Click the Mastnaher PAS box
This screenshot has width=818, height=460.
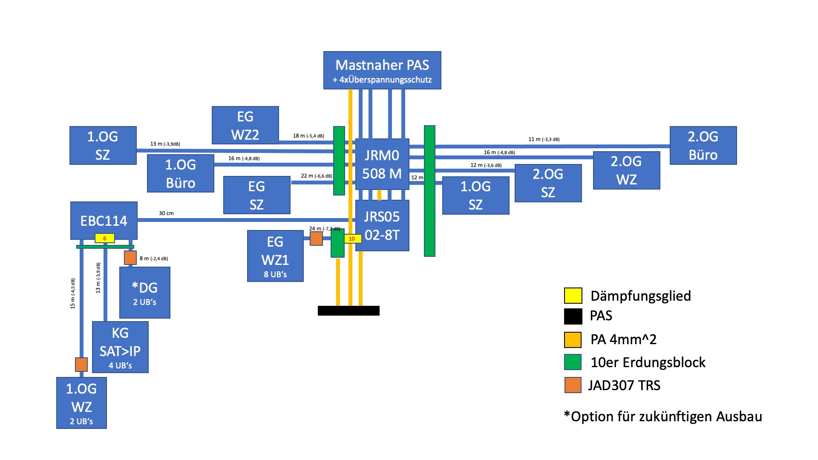pyautogui.click(x=382, y=70)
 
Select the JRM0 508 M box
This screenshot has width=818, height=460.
pyautogui.click(x=382, y=164)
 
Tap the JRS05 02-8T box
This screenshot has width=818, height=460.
pyautogui.click(x=382, y=225)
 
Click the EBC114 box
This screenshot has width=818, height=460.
pyautogui.click(x=104, y=220)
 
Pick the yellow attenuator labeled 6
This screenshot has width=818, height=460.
pyautogui.click(x=105, y=239)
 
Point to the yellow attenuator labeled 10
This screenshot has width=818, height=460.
pyautogui.click(x=352, y=239)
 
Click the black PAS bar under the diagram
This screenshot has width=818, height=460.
pyautogui.click(x=349, y=310)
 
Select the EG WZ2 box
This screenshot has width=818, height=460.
pyautogui.click(x=245, y=125)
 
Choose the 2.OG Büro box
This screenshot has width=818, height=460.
pyautogui.click(x=703, y=145)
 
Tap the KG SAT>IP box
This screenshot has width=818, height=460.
pyautogui.click(x=120, y=347)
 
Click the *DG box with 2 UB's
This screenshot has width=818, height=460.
pyautogui.click(x=145, y=293)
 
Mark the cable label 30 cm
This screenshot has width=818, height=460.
pyautogui.click(x=166, y=213)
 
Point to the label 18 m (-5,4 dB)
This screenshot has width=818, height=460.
pyautogui.click(x=308, y=136)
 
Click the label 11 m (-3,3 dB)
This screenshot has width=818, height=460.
pyautogui.click(x=544, y=139)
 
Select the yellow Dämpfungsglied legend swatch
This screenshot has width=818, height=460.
pyautogui.click(x=573, y=296)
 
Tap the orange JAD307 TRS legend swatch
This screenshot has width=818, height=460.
pyautogui.click(x=573, y=385)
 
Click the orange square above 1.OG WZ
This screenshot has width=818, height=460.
pyautogui.click(x=81, y=365)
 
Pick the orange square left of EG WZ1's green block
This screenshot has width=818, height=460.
pyautogui.click(x=316, y=239)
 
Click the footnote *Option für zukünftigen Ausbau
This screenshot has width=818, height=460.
pyautogui.click(x=663, y=416)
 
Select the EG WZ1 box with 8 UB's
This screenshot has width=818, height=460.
pyautogui.click(x=275, y=256)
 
